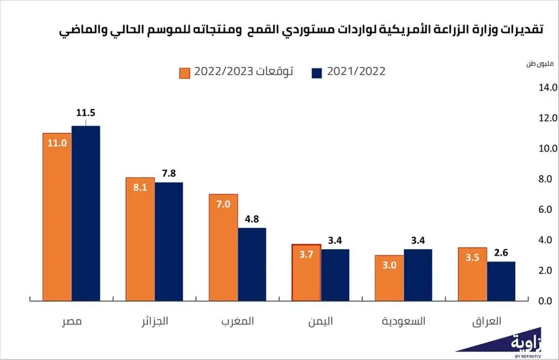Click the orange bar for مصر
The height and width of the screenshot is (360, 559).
tap(57, 217)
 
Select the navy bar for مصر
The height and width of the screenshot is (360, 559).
tap(85, 214)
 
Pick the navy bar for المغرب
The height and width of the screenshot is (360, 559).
tap(252, 264)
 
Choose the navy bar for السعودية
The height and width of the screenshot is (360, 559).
tap(418, 275)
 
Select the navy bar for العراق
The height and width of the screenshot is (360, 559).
tap(501, 281)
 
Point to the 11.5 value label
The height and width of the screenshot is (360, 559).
tap(85, 113)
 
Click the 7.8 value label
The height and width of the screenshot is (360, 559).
tap(168, 170)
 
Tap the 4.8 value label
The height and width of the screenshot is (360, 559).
tap(252, 216)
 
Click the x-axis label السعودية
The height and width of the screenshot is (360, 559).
tap(404, 322)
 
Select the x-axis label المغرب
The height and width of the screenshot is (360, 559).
tap(237, 322)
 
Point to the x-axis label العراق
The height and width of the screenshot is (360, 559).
tap(487, 322)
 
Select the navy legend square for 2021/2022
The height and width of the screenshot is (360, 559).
tap(316, 72)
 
